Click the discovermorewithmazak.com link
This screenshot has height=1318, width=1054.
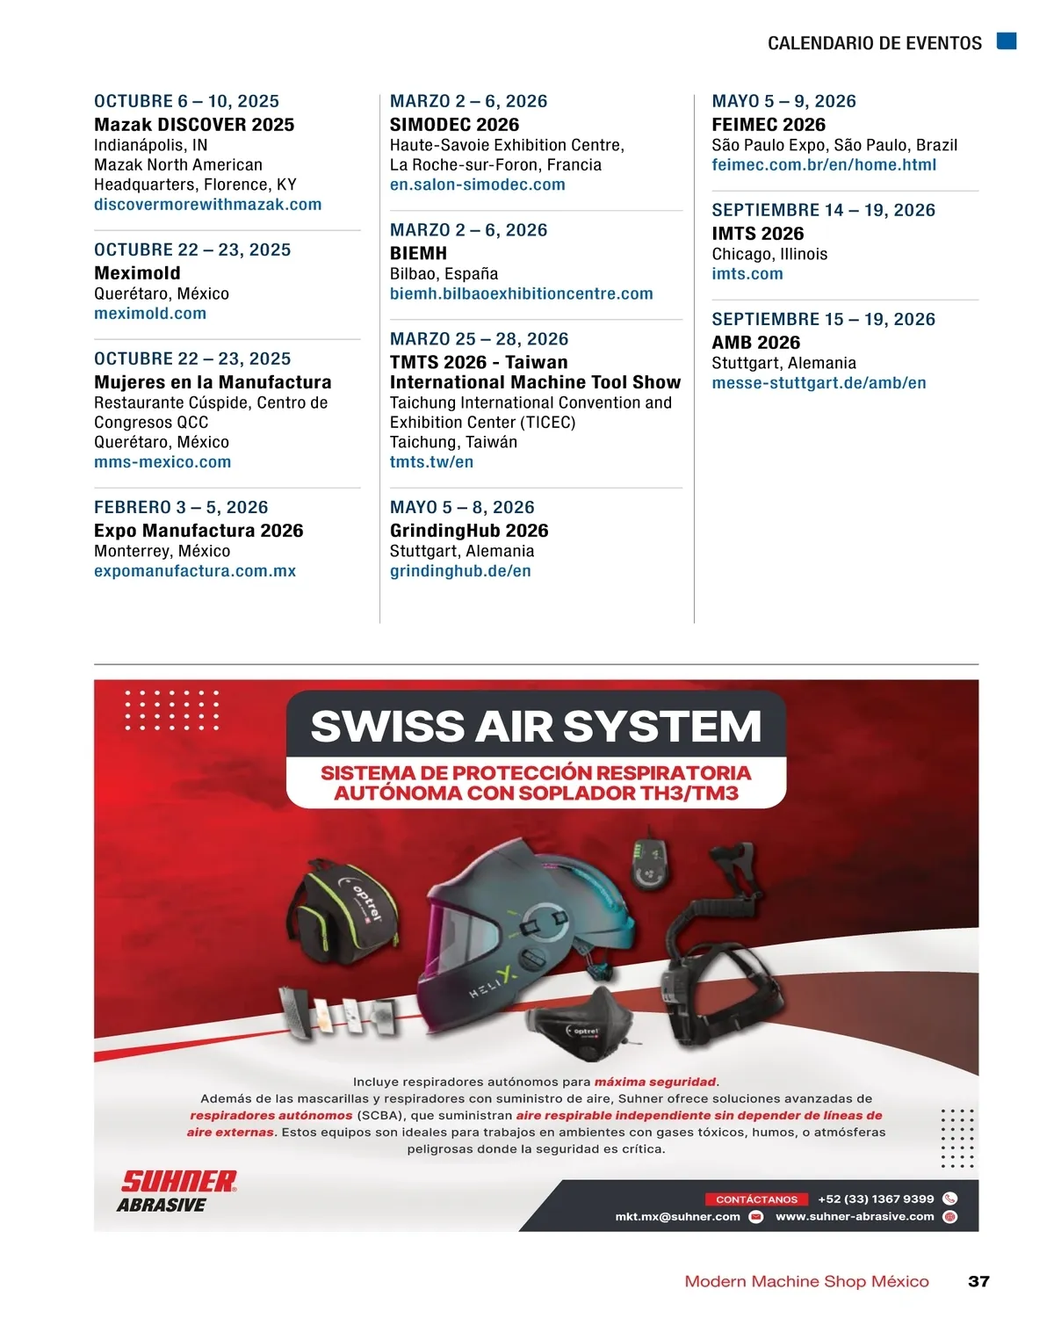pyautogui.click(x=207, y=205)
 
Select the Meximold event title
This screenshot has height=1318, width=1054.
pyautogui.click(x=137, y=273)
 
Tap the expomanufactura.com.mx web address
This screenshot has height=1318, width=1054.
pyautogui.click(x=195, y=571)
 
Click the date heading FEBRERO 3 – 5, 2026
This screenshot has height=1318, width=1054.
pyautogui.click(x=181, y=507)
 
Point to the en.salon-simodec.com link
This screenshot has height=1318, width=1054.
pyautogui.click(x=477, y=185)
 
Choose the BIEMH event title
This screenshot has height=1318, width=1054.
pyautogui.click(x=418, y=253)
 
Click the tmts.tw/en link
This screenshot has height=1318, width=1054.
pyautogui.click(x=431, y=462)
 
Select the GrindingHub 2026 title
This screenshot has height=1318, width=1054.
pyautogui.click(x=469, y=531)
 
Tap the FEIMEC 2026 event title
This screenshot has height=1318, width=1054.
pyautogui.click(x=769, y=125)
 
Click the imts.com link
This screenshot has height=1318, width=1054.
pyautogui.click(x=747, y=274)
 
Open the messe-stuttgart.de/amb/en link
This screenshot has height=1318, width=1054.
pyautogui.click(x=819, y=383)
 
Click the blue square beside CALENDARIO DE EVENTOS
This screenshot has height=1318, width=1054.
pyautogui.click(x=1007, y=41)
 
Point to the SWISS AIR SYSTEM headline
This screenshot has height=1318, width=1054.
pyautogui.click(x=536, y=727)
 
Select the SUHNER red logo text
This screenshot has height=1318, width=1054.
pyautogui.click(x=178, y=1182)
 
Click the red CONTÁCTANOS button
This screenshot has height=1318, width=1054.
pyautogui.click(x=756, y=1199)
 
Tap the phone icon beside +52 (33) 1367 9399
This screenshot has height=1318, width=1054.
pyautogui.click(x=949, y=1199)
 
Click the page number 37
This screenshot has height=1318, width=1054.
pyautogui.click(x=978, y=1282)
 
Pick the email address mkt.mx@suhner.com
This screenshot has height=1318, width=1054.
pyautogui.click(x=677, y=1217)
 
